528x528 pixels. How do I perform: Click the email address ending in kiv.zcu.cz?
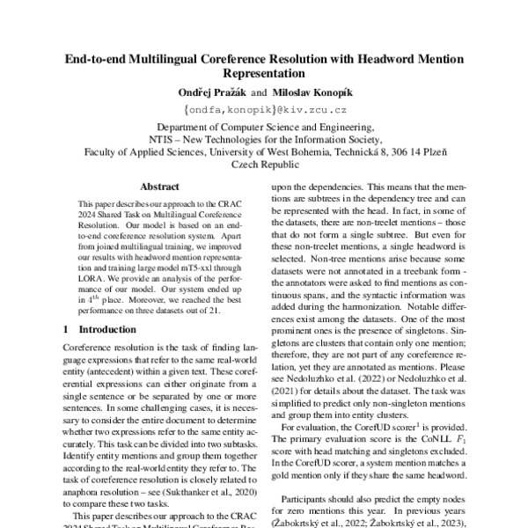[265, 111]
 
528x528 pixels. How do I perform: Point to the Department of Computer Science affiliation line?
[265, 128]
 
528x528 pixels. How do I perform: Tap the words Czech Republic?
[265, 164]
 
